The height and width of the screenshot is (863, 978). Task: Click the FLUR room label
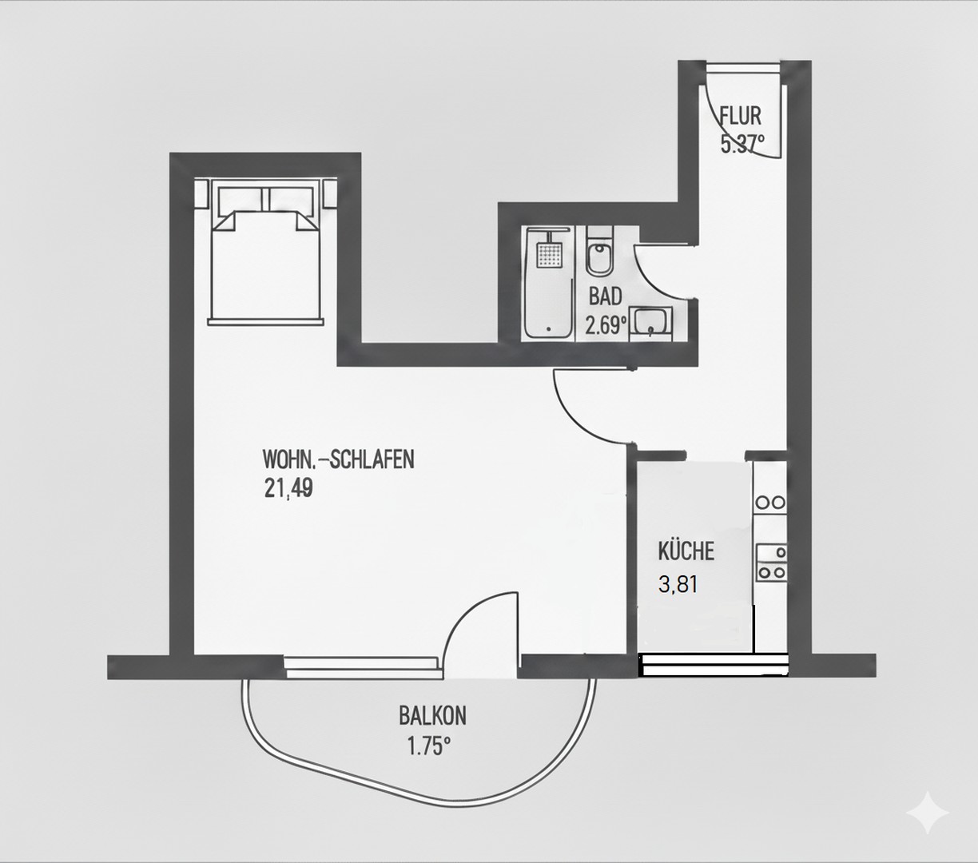pos(741,116)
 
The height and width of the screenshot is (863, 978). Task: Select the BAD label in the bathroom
pos(605,296)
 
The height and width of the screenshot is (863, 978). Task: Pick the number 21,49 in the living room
pos(288,488)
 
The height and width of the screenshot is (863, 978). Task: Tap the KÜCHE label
pos(686,551)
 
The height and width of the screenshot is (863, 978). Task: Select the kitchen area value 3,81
pos(678,584)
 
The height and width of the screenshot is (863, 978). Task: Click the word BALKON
pos(432,715)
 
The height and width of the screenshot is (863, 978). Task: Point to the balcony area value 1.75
pos(429,747)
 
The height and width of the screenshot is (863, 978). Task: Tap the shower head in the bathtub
pos(548,255)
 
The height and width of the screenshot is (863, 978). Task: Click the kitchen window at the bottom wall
pos(714,665)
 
